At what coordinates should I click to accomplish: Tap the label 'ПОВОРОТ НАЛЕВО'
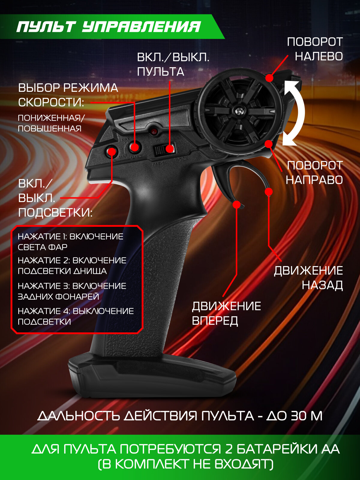coord(315,49)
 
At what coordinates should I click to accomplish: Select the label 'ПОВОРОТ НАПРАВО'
coord(314,173)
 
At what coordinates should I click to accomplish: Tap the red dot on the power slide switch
coord(170,148)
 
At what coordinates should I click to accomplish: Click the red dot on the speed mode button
coord(135,147)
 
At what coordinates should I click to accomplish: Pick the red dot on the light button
coord(112,151)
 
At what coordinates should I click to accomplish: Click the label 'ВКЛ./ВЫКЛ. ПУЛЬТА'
coord(173,64)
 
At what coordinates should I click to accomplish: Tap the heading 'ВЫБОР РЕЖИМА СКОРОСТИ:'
coord(68,95)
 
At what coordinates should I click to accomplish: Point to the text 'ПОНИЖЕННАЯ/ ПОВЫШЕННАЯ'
coord(51,123)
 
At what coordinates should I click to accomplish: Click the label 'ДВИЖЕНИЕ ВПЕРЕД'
coord(226,313)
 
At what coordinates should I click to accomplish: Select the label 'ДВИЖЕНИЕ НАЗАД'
coord(308,278)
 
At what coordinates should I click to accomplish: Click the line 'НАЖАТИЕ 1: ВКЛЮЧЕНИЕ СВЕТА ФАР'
coord(70,242)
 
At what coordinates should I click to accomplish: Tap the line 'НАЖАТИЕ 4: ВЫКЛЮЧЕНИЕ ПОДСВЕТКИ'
coord(76,316)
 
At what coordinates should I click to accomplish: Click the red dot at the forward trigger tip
coord(237,205)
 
